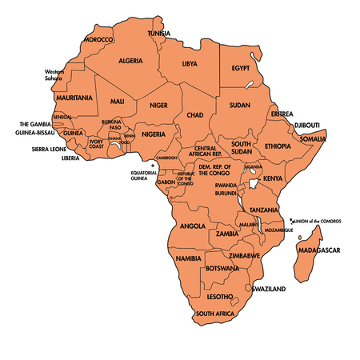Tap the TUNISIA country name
[158, 33]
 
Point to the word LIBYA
[190, 63]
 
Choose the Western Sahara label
[54, 76]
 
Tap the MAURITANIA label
[74, 98]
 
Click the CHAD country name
[196, 115]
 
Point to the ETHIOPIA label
[278, 146]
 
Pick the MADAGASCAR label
[318, 250]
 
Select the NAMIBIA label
[188, 258]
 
